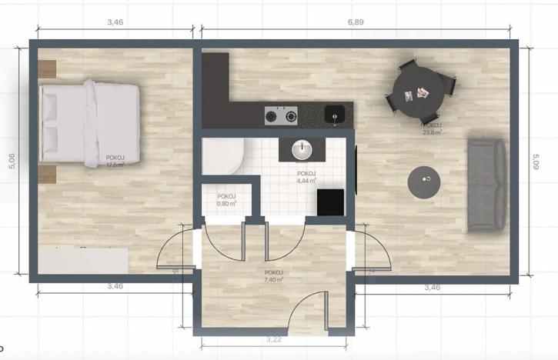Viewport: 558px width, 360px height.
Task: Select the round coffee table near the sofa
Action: click(426, 183)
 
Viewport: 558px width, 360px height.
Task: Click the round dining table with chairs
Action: click(419, 90)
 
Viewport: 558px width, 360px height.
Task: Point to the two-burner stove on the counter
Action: click(281, 116)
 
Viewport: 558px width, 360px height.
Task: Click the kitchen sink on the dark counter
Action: click(335, 115)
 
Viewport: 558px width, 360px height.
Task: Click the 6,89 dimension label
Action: click(356, 22)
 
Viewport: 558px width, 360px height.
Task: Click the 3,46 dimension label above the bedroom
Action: click(115, 22)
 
